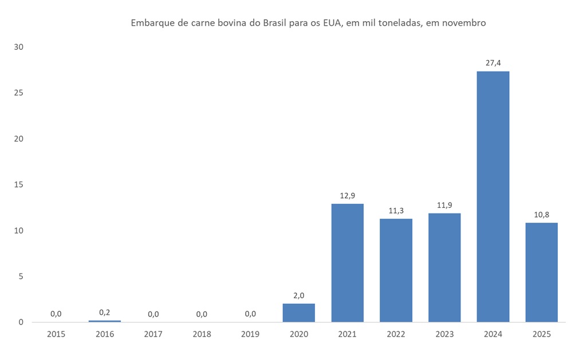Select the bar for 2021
click(347, 263)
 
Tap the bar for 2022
click(396, 270)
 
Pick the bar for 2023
click(444, 267)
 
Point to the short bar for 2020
click(298, 312)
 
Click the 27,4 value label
click(493, 63)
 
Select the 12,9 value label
click(347, 195)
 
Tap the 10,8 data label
click(541, 214)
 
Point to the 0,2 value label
click(104, 312)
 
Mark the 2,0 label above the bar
click(298, 295)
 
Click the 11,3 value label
click(396, 210)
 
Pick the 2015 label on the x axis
click(56, 334)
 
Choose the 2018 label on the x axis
click(202, 334)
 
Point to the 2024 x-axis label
click(493, 334)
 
